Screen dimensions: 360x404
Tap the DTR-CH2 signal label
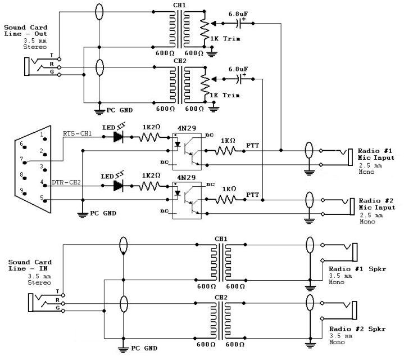pyautogui.click(x=66, y=183)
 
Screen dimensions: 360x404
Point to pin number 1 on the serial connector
pyautogui.click(x=42, y=135)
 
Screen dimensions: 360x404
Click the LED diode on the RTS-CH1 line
pyautogui.click(x=118, y=136)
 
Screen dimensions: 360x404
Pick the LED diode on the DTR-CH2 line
pyautogui.click(x=118, y=184)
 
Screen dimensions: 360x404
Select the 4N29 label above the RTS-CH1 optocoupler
pyautogui.click(x=187, y=128)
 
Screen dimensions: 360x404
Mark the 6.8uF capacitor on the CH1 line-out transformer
pyautogui.click(x=242, y=22)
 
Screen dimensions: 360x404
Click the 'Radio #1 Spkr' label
pyautogui.click(x=347, y=269)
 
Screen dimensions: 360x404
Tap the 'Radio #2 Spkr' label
pyautogui.click(x=347, y=328)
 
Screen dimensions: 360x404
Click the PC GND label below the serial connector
pyautogui.click(x=105, y=214)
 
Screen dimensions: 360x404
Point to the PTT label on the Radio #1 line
pyautogui.click(x=253, y=145)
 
